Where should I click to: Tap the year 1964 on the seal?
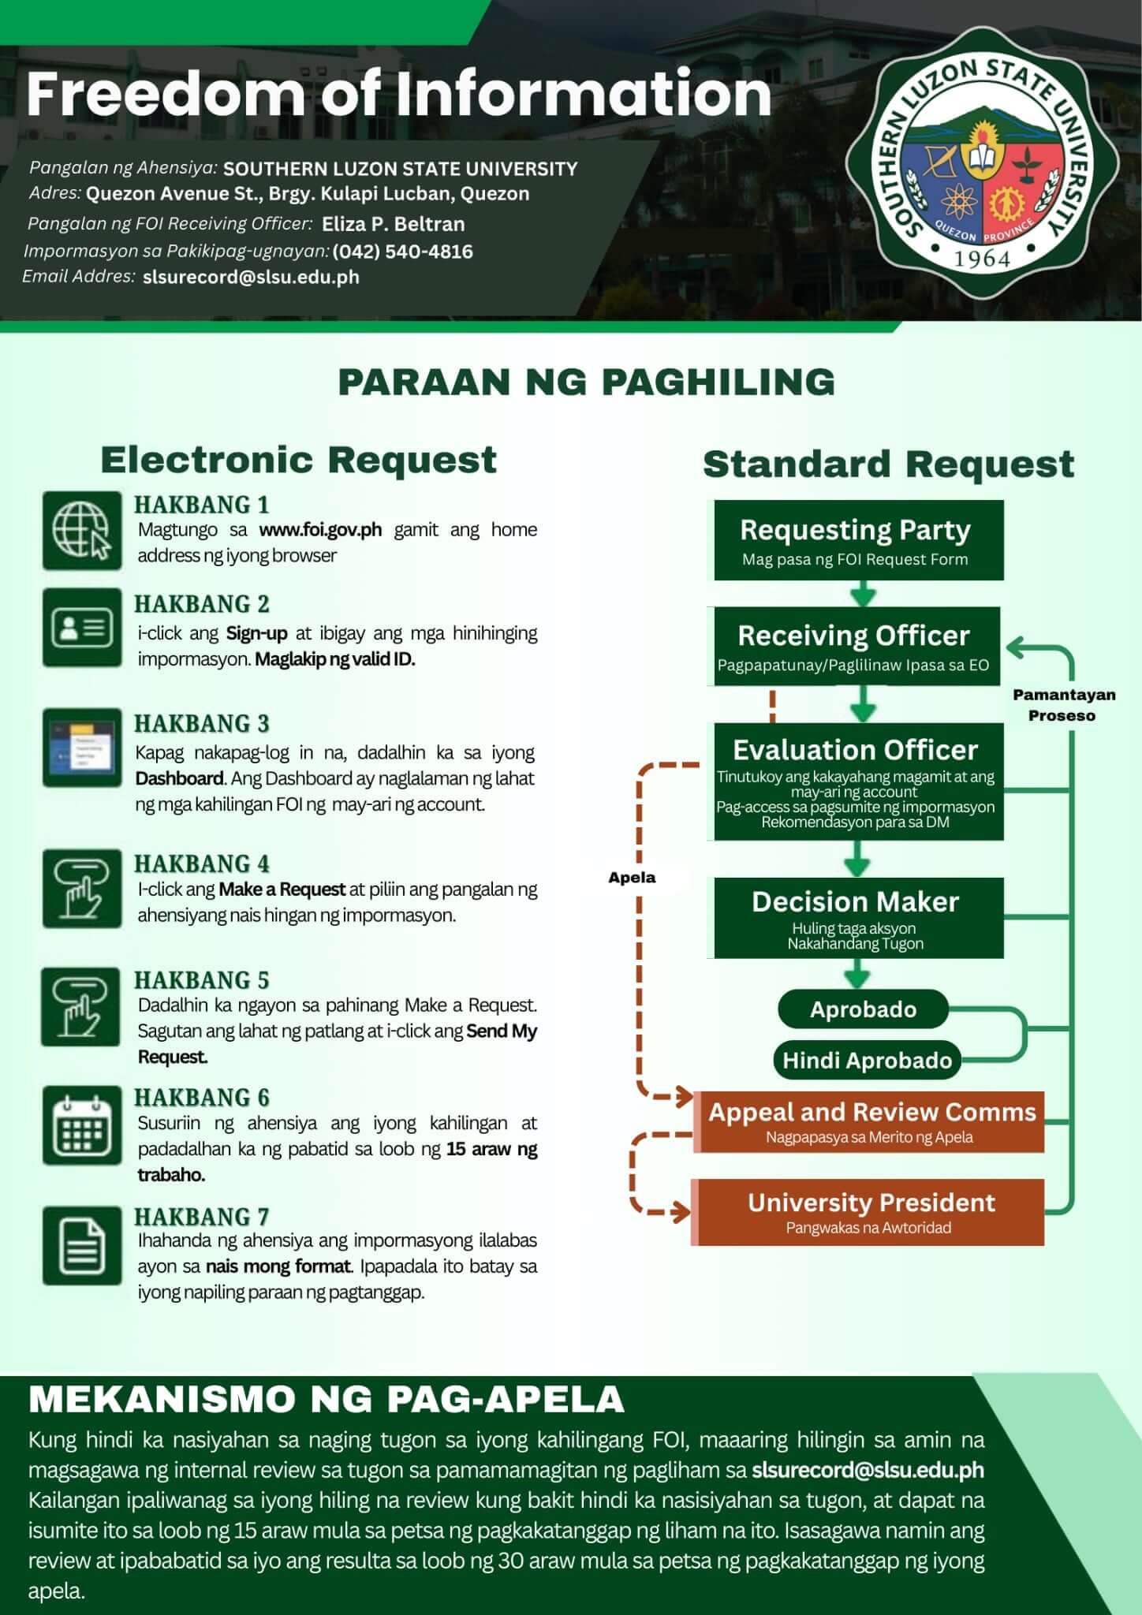tap(982, 259)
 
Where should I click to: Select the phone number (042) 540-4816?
tap(402, 252)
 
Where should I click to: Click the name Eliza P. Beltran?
tap(393, 224)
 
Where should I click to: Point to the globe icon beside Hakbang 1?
tap(82, 530)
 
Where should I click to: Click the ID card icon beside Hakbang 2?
tap(82, 628)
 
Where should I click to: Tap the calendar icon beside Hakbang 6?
tap(82, 1125)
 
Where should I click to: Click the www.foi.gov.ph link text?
tap(320, 530)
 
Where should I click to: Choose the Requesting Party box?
tap(858, 540)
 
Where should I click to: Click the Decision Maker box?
tap(858, 918)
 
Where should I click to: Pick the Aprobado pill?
tap(863, 1009)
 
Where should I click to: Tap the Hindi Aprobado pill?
tap(867, 1061)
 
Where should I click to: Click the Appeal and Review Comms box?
tap(871, 1121)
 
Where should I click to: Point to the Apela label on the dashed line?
tap(632, 878)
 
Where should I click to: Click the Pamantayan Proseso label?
tap(1064, 705)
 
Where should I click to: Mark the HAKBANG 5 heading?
tap(202, 980)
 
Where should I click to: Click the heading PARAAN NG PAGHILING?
tap(586, 382)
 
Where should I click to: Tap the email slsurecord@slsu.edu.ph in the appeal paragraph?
tap(868, 1470)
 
